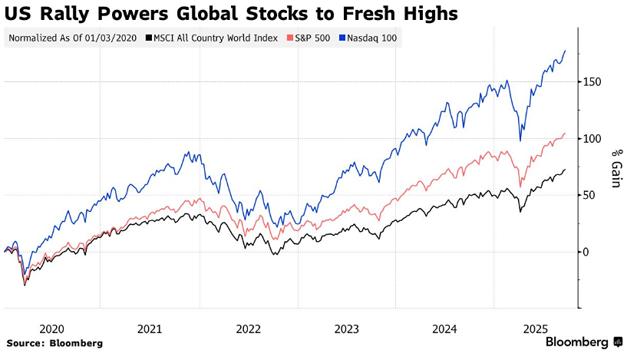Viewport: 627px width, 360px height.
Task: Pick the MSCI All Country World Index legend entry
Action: (x=215, y=37)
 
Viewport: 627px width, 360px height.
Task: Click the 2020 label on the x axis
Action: (x=51, y=329)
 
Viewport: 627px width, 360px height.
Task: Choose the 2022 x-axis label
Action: (x=248, y=329)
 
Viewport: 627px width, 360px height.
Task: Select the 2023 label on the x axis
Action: (x=346, y=329)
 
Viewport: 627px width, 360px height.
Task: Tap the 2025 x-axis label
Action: (x=535, y=329)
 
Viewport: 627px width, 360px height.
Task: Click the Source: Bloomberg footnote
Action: (x=54, y=342)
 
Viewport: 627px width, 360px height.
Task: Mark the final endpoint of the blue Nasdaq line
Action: (x=566, y=51)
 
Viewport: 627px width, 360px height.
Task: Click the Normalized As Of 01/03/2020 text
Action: (x=72, y=37)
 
